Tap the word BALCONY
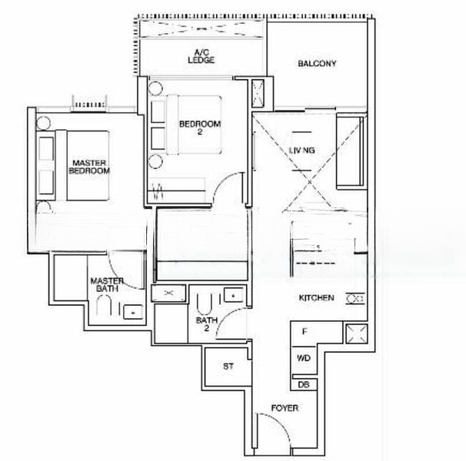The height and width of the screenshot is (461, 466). tap(317, 64)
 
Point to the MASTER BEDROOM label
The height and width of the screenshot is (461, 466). tap(88, 167)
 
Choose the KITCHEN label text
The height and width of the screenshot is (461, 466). tap(317, 297)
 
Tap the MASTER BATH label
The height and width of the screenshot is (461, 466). tap(105, 286)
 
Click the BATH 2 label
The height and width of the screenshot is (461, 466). tap(203, 323)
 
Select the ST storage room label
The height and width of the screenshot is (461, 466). tap(228, 366)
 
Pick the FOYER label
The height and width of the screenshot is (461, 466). tap(285, 408)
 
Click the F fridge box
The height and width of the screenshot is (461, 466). tap(305, 333)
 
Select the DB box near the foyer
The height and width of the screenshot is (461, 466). tap(303, 384)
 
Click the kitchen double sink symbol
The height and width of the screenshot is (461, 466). tap(355, 298)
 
